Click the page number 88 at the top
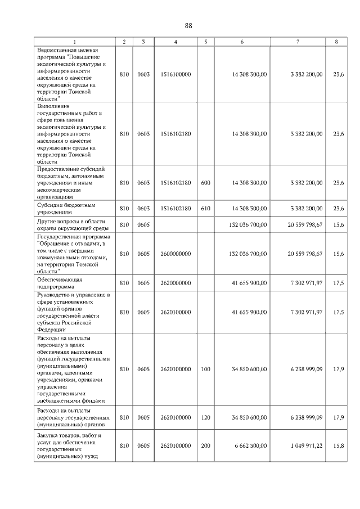(188, 26)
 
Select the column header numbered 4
(175, 42)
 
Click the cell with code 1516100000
(175, 74)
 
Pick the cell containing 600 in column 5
(205, 183)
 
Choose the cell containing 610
(205, 209)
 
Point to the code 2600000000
(175, 254)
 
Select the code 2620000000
(175, 283)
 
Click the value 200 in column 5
(205, 445)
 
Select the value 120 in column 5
(205, 417)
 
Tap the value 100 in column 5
(205, 370)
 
